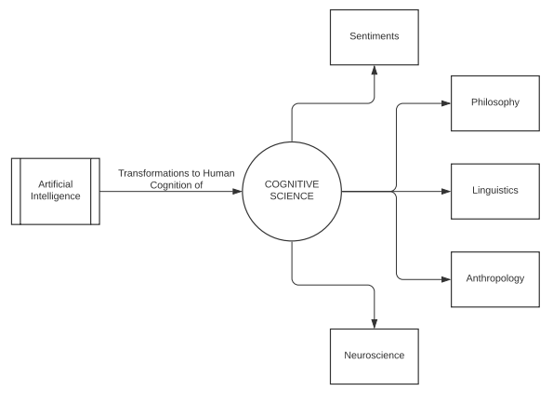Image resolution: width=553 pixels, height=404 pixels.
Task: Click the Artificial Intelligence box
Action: pos(54,191)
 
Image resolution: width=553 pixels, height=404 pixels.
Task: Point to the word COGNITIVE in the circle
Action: pos(292,184)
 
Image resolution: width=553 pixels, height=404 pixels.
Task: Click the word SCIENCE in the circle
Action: pos(292,197)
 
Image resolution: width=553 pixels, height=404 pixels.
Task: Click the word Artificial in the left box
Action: pos(54,185)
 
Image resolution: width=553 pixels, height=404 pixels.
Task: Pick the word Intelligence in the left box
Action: pos(54,197)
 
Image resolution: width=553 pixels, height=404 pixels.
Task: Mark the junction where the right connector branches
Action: pos(397,192)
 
